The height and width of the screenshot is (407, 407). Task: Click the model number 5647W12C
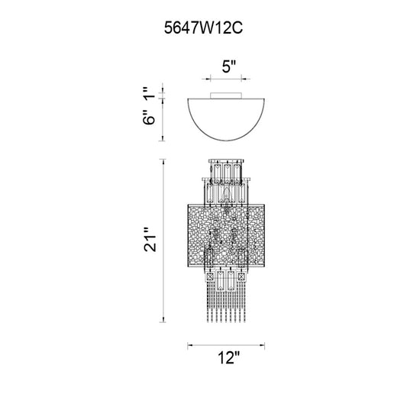[203, 27]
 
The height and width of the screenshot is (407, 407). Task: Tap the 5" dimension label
[228, 66]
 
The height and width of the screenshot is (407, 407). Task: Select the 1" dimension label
[149, 93]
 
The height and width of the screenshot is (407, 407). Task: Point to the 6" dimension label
[149, 118]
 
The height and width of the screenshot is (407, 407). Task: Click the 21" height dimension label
[150, 240]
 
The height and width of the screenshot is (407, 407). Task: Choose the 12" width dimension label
[228, 358]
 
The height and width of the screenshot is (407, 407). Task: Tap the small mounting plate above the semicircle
[226, 95]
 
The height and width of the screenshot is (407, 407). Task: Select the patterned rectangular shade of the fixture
[226, 236]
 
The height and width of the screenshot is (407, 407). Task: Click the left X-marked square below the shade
[210, 276]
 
